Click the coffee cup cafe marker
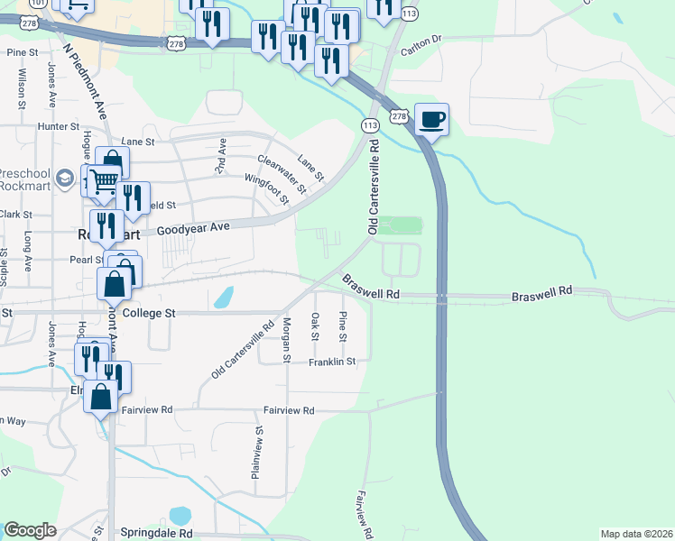click(x=432, y=119)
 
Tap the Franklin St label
click(x=333, y=362)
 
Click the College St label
click(x=147, y=313)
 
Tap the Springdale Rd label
click(x=161, y=533)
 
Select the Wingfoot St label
click(x=266, y=188)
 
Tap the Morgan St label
click(x=286, y=340)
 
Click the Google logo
click(x=30, y=530)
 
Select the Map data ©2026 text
click(x=636, y=534)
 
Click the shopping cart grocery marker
click(x=105, y=181)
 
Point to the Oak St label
click(x=315, y=326)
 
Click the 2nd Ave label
click(x=219, y=156)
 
